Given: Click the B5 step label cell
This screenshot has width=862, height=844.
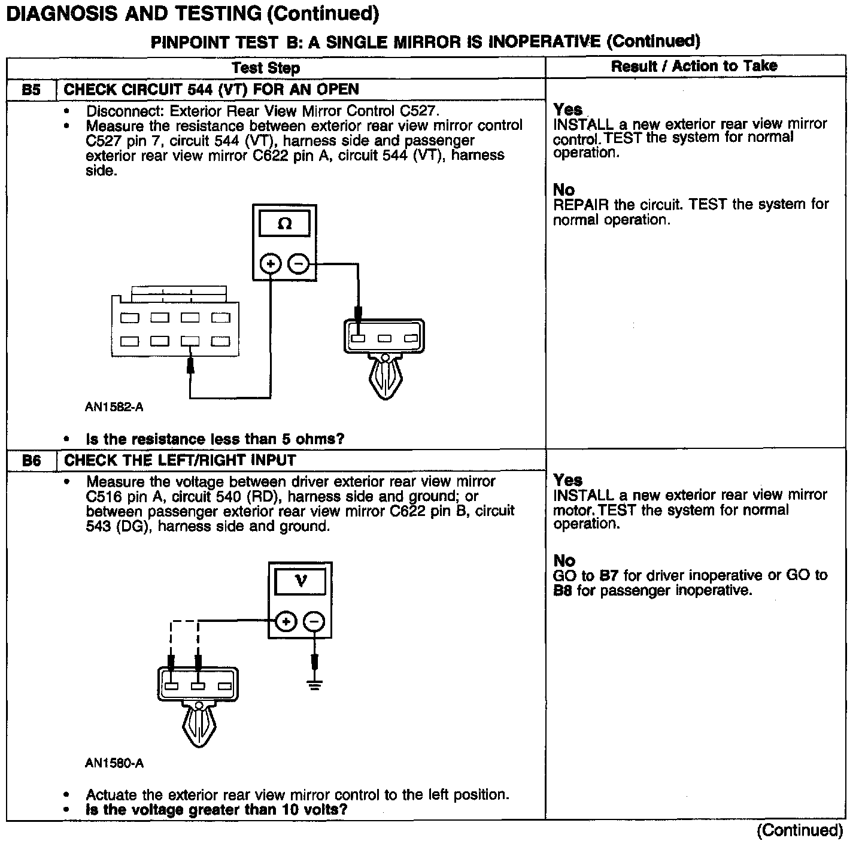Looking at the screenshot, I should (x=31, y=90).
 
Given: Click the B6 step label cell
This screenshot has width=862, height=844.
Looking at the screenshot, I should (x=31, y=460).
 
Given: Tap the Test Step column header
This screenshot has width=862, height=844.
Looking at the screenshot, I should (x=266, y=68).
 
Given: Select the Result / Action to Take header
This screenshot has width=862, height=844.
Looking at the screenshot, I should (x=694, y=66).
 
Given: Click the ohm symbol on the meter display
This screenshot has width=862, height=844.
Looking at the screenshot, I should (x=285, y=224).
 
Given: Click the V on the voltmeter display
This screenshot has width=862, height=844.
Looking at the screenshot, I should (x=301, y=581).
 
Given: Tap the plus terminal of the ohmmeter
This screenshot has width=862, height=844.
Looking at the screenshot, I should (x=271, y=263).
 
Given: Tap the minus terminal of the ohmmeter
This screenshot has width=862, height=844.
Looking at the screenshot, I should (x=299, y=263).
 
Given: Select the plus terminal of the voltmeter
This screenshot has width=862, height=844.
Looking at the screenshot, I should (x=286, y=621).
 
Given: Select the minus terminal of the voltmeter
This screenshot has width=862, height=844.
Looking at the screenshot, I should (x=314, y=621).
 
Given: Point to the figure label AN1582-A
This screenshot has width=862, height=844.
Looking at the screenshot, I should (x=114, y=408).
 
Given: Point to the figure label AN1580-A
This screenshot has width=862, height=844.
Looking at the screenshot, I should (x=114, y=763).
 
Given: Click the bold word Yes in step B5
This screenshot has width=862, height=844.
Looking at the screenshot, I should (x=567, y=110).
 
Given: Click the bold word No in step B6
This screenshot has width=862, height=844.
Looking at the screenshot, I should (x=564, y=561).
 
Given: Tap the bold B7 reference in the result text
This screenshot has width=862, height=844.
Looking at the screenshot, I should (x=608, y=576).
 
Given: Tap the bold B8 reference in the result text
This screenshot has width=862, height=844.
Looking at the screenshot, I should (x=563, y=591).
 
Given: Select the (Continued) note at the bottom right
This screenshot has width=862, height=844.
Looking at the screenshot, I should (x=800, y=830).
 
